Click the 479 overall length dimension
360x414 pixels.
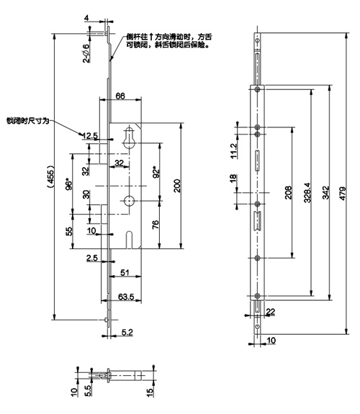[x=342, y=194]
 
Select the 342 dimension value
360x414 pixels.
[x=326, y=193]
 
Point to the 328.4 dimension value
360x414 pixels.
[x=307, y=193]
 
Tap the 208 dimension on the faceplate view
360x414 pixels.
[x=289, y=192]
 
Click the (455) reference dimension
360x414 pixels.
[x=50, y=176]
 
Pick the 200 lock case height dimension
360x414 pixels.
[x=177, y=186]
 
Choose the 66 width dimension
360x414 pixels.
[x=120, y=96]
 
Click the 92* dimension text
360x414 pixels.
[x=156, y=172]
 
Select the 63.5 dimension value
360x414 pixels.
[x=126, y=297]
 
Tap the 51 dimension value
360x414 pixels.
[x=125, y=272]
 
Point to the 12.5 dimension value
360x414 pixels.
[x=90, y=135]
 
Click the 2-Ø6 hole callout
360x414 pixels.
[x=86, y=53]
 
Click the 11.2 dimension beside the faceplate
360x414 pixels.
[x=234, y=150]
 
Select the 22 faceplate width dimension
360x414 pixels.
[x=271, y=312]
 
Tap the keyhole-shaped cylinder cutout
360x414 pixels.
[x=129, y=138]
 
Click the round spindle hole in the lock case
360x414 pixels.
[x=129, y=201]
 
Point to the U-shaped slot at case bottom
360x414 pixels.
[x=129, y=240]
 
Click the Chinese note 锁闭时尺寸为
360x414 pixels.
[x=28, y=121]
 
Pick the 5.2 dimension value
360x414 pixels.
[x=127, y=332]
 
